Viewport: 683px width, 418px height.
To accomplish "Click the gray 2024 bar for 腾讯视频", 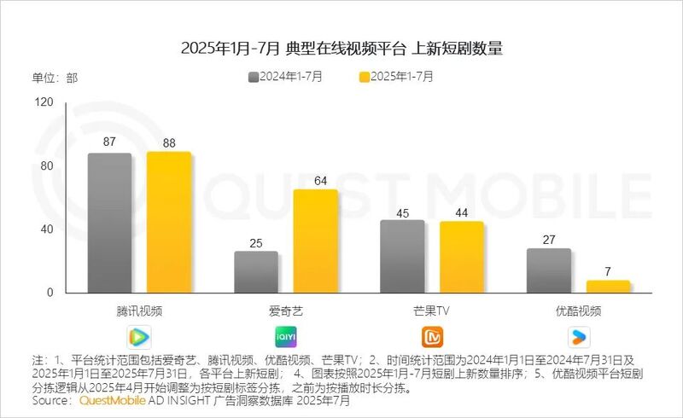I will (109, 224).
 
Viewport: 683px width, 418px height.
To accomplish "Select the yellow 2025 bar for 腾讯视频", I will (168, 223).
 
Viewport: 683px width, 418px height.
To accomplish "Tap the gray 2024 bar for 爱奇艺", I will (255, 272).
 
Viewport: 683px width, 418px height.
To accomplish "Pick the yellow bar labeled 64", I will (315, 241).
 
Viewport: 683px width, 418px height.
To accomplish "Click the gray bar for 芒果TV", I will (402, 257).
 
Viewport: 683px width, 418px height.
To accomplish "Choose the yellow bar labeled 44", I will (461, 258).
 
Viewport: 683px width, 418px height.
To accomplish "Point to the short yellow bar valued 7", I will (608, 287).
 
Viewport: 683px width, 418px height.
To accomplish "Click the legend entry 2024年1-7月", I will (286, 77).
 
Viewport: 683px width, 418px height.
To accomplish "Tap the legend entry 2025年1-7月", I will (396, 77).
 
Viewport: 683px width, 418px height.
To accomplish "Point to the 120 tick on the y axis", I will (44, 102).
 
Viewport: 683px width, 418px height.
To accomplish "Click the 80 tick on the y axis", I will (46, 165).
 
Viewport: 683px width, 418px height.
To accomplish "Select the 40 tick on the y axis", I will (46, 229).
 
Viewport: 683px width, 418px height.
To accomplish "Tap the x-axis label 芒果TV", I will (431, 311).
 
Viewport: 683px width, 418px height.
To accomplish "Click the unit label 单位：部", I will (55, 78).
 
